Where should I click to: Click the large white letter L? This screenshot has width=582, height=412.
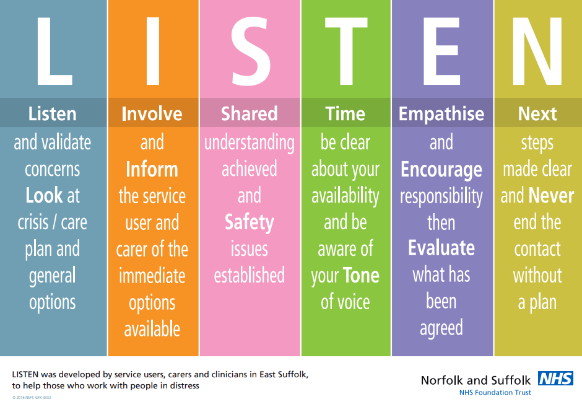coord(54,51)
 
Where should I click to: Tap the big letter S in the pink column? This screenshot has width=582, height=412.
coord(251,51)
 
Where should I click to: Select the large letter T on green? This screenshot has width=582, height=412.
coord(346,51)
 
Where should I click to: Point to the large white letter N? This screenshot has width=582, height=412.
coord(537,51)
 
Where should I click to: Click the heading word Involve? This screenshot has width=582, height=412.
coord(152,113)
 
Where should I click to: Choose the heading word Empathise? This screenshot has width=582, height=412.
coord(441,114)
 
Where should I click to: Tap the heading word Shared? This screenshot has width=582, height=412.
coord(250,113)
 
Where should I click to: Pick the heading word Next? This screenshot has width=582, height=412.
coord(537,113)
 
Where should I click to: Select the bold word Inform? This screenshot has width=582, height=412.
coord(152,169)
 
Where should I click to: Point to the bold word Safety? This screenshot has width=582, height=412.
coord(250,223)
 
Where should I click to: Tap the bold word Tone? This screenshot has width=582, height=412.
coord(361,276)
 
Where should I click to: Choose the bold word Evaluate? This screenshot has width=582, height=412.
coord(441,248)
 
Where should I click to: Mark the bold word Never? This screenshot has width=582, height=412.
coord(551,195)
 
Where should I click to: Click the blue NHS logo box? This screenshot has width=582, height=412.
coord(555,379)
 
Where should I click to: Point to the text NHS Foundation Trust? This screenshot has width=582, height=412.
coord(495,392)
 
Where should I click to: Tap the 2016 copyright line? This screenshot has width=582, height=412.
coord(32,398)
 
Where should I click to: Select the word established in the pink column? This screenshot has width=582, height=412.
coord(250,275)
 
